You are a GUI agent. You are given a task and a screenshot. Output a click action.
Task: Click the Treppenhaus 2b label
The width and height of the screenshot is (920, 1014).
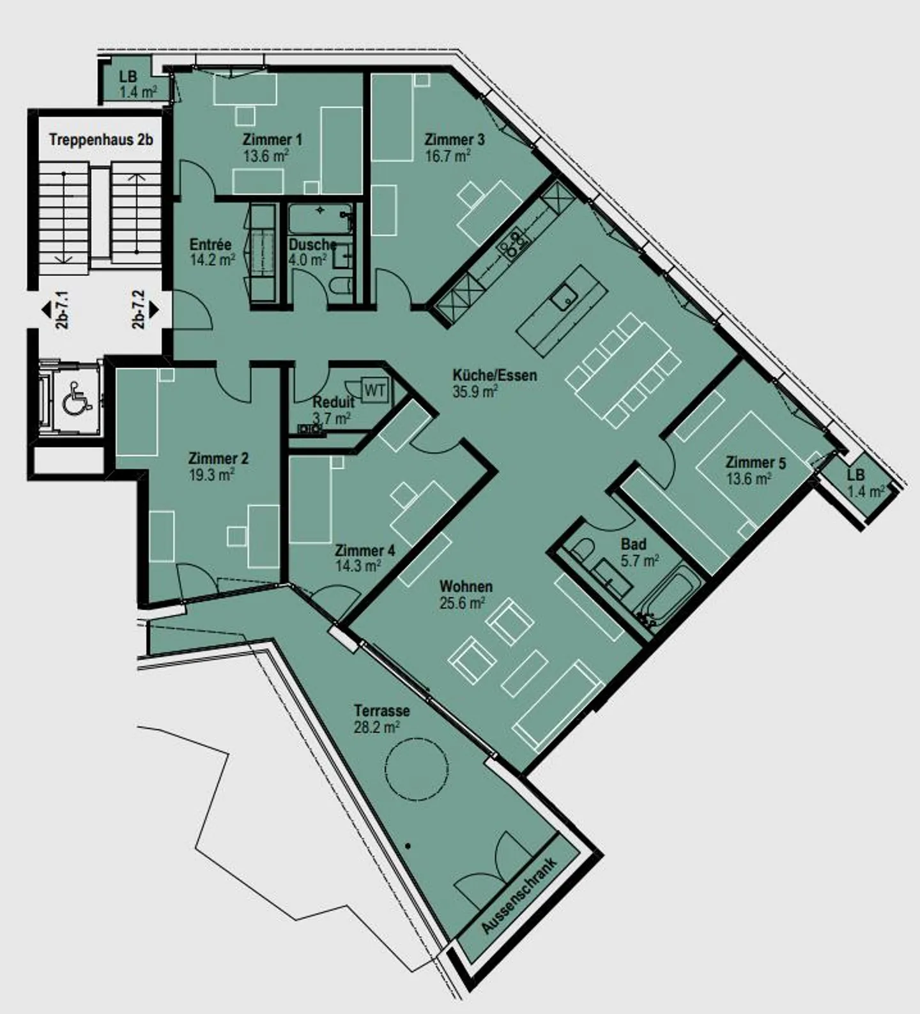pyautogui.click(x=101, y=139)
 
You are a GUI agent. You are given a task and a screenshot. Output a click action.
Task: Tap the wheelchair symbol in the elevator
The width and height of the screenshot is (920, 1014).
pyautogui.click(x=75, y=399)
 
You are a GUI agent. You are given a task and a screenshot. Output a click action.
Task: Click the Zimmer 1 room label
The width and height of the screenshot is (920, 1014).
pyautogui.click(x=272, y=139)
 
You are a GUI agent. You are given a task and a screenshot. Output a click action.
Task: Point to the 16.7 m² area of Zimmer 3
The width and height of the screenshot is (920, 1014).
pyautogui.click(x=448, y=156)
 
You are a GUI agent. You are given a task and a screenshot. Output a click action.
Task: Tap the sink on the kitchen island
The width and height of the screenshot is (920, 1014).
pyautogui.click(x=563, y=298)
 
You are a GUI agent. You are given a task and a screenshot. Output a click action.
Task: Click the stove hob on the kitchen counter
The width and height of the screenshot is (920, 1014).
pyautogui.click(x=514, y=243)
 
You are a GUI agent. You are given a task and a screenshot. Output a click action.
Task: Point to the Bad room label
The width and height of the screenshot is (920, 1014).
pyautogui.click(x=633, y=544)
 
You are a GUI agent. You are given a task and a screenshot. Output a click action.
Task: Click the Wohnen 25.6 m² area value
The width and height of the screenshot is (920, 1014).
pyautogui.click(x=461, y=603)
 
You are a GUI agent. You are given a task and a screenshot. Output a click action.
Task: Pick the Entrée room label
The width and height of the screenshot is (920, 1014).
pyautogui.click(x=210, y=245)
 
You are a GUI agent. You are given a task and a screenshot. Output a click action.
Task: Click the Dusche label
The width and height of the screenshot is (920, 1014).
pyautogui.click(x=312, y=245)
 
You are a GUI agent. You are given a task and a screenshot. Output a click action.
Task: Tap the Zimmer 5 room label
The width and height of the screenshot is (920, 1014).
pyautogui.click(x=755, y=463)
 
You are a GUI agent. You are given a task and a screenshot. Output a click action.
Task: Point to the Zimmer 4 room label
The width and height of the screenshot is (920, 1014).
pyautogui.click(x=365, y=550)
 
